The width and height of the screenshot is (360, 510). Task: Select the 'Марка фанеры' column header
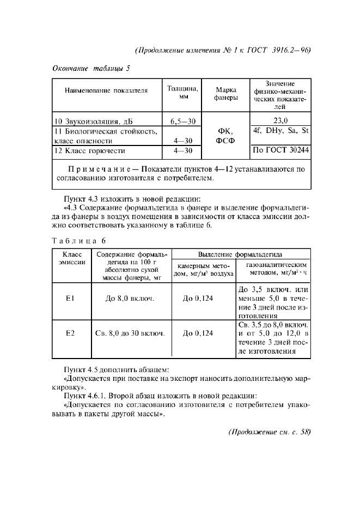225,93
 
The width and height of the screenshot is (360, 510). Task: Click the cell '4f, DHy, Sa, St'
280,131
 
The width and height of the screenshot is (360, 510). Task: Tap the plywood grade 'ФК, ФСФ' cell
225,136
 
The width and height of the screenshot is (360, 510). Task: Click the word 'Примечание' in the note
103,169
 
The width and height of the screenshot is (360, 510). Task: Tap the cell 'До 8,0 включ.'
130,299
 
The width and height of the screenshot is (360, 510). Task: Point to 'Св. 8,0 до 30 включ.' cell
130,332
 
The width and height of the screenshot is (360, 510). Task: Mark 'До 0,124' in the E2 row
198,332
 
